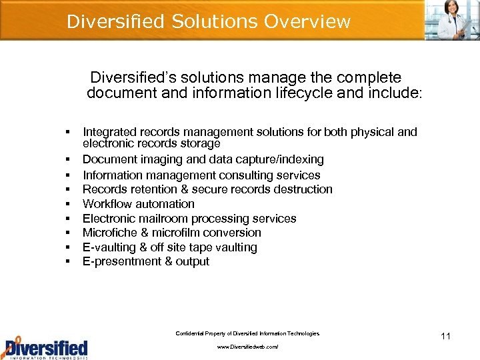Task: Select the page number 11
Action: (x=445, y=336)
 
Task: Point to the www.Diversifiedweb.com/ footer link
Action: (x=247, y=347)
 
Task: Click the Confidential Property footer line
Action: (x=247, y=333)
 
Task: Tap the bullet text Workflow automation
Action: (x=139, y=204)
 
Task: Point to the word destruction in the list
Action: (x=304, y=189)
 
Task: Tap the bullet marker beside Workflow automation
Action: (x=69, y=204)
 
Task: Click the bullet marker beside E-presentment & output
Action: (x=69, y=261)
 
